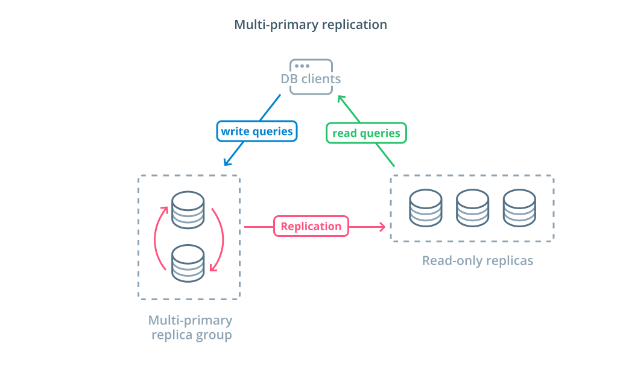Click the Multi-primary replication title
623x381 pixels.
tap(311, 25)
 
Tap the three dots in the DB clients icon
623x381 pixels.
tap(302, 66)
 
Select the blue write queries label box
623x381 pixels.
tap(257, 131)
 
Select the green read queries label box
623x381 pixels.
tap(366, 133)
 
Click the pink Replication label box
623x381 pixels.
tap(311, 226)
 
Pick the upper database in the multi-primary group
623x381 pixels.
tap(188, 210)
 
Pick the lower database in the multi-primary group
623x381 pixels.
tap(188, 263)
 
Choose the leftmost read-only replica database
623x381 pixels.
tap(426, 208)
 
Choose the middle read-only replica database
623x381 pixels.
tap(472, 208)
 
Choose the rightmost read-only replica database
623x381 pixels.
tap(519, 208)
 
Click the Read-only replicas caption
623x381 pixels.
tap(478, 260)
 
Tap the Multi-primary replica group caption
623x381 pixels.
tap(191, 327)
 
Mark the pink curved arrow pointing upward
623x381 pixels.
tap(156, 238)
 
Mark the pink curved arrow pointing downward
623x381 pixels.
tap(222, 238)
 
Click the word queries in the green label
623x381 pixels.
tap(380, 134)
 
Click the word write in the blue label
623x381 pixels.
tap(235, 131)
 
